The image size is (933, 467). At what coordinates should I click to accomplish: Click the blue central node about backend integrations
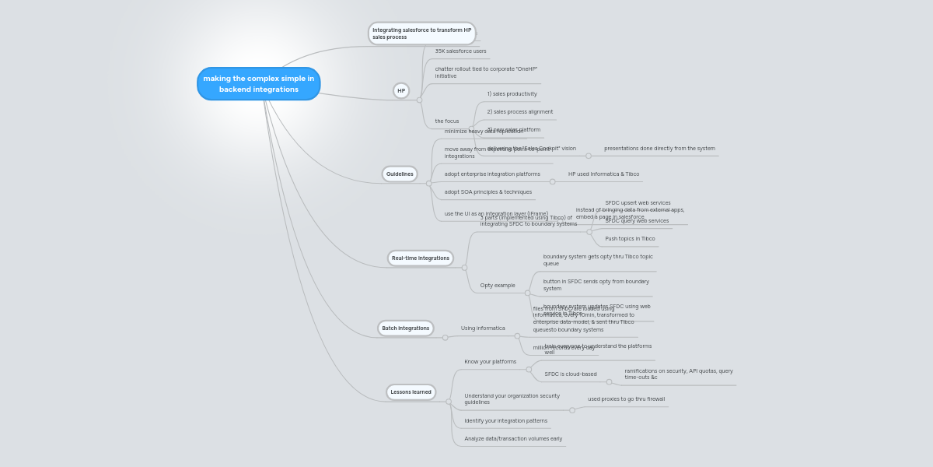pyautogui.click(x=258, y=83)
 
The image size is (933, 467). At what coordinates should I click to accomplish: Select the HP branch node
pyautogui.click(x=401, y=90)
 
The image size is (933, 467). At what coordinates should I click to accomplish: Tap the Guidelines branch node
pyautogui.click(x=400, y=174)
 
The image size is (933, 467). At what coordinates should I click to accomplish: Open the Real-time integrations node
pyautogui.click(x=420, y=258)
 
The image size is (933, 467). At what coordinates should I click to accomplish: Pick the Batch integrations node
pyautogui.click(x=405, y=328)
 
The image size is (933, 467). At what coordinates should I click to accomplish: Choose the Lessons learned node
pyautogui.click(x=411, y=392)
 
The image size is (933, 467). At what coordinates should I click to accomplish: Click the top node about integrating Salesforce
pyautogui.click(x=421, y=33)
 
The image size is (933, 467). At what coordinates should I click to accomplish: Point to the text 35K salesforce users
pyautogui.click(x=460, y=51)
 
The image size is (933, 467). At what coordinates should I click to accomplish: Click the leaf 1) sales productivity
pyautogui.click(x=512, y=94)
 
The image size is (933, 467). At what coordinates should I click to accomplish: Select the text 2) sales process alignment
pyautogui.click(x=519, y=112)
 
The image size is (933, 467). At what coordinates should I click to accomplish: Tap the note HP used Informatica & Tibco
pyautogui.click(x=603, y=174)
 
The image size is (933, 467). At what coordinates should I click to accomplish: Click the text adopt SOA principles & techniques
pyautogui.click(x=488, y=192)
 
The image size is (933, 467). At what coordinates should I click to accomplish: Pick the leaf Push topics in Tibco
pyautogui.click(x=630, y=239)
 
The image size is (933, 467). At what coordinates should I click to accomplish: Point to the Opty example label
pyautogui.click(x=498, y=286)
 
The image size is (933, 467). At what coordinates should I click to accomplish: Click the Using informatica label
pyautogui.click(x=483, y=328)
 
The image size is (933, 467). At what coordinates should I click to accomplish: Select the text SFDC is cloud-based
pyautogui.click(x=571, y=374)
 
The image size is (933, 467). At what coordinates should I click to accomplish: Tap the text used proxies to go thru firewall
pyautogui.click(x=626, y=399)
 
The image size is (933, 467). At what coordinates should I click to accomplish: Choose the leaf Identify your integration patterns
pyautogui.click(x=505, y=421)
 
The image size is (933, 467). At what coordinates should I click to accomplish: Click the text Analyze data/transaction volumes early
pyautogui.click(x=513, y=439)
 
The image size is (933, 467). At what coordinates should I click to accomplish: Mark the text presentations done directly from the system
pyautogui.click(x=659, y=149)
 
